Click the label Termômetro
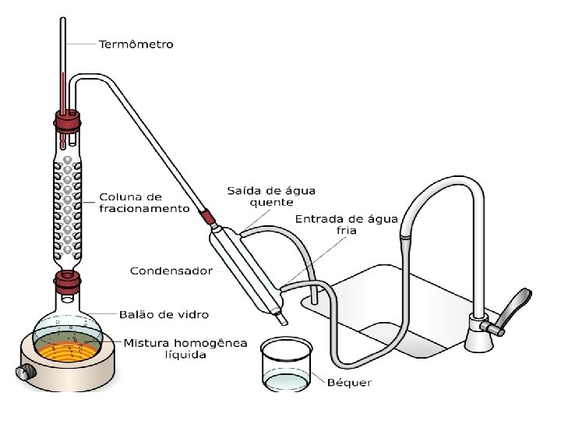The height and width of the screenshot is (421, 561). click(136, 44)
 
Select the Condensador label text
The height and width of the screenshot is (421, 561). click(171, 271)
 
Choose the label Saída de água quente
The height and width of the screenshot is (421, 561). click(259, 196)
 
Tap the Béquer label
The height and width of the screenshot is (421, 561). click(349, 382)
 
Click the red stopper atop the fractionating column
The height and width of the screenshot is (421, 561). click(68, 122)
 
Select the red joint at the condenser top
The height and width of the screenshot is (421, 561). click(208, 216)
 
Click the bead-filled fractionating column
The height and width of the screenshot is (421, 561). click(68, 203)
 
